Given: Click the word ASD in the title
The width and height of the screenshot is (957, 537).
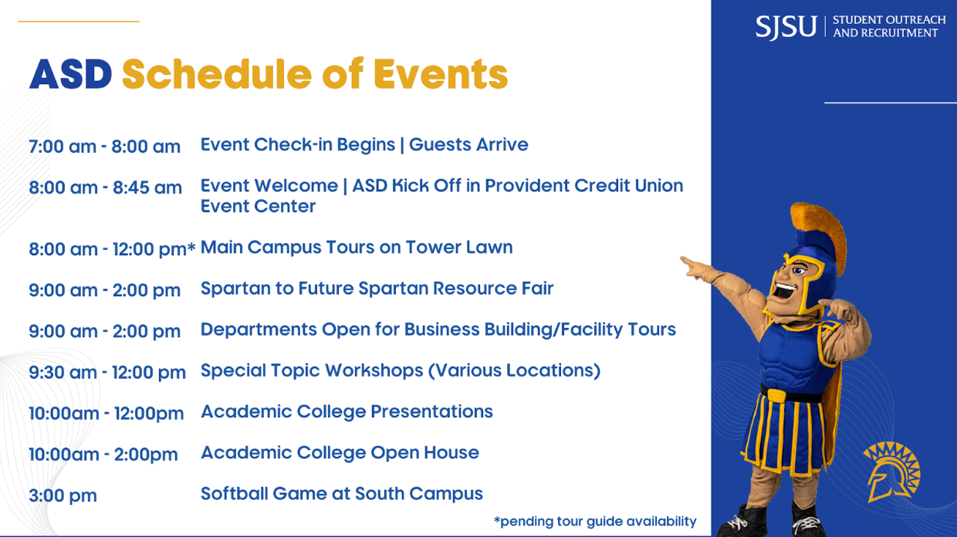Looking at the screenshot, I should point(70,75).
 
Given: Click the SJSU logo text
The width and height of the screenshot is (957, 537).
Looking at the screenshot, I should point(785,27).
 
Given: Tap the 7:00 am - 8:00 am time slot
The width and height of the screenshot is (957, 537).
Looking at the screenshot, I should point(104,147).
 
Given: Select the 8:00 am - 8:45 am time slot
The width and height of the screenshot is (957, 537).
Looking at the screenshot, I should point(105,187).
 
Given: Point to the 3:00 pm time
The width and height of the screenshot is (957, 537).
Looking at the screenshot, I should point(63,495).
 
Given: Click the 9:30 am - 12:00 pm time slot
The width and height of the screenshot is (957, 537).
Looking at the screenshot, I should point(107,373).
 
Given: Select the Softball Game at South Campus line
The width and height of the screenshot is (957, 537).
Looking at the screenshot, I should point(341,494).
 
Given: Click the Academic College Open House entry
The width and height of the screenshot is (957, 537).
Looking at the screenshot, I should point(340,453).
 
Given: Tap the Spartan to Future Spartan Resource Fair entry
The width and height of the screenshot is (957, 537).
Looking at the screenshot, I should point(377,289).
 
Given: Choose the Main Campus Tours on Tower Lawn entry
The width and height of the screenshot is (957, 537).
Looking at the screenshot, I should point(356,248).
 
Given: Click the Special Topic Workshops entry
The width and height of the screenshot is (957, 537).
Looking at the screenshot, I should point(400,370).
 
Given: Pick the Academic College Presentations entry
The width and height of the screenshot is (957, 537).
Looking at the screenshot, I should point(347,412).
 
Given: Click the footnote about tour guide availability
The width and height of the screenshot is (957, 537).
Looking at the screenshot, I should point(594,522).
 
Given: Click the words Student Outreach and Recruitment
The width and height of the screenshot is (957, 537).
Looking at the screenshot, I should point(888,27).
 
